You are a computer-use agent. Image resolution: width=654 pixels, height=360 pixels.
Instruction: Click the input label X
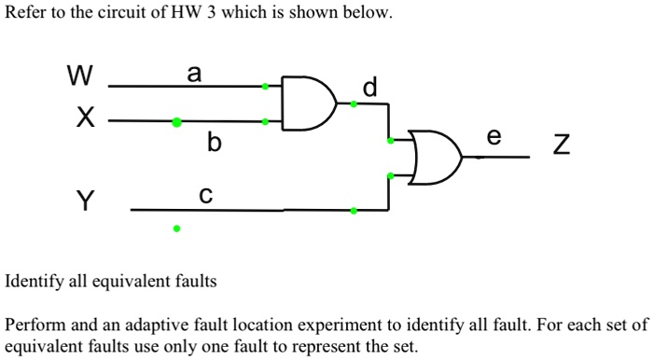click(85, 118)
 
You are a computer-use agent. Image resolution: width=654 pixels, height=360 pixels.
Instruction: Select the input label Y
click(85, 201)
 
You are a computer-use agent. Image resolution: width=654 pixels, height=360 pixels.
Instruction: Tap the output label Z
click(560, 145)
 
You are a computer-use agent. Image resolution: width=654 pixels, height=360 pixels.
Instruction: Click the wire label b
click(215, 143)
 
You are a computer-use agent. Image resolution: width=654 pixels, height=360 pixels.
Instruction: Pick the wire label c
click(205, 195)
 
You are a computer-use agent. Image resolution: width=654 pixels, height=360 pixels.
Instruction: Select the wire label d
click(369, 89)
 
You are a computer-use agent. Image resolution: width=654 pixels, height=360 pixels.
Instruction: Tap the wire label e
click(494, 137)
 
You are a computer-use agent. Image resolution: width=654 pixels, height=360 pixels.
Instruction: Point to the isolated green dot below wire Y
click(176, 227)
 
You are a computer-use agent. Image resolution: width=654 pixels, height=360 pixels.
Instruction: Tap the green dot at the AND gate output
click(353, 104)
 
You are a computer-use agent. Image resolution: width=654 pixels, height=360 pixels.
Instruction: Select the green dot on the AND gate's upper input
click(265, 87)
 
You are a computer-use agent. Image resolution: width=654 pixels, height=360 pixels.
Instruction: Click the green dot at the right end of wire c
click(353, 211)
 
